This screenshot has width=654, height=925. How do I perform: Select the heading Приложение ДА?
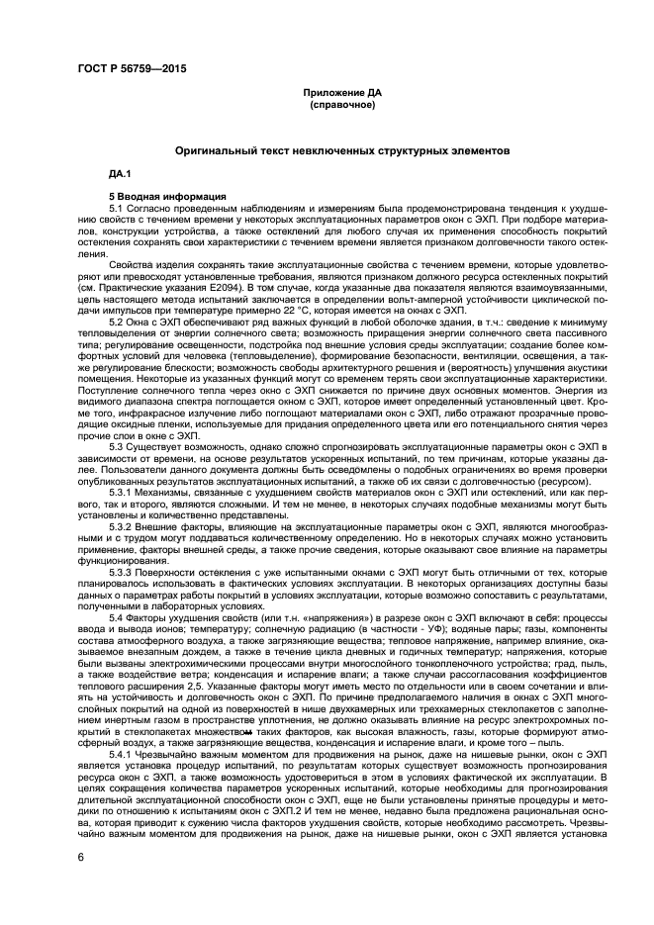click(x=341, y=92)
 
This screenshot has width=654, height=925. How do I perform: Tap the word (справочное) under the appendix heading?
click(x=341, y=103)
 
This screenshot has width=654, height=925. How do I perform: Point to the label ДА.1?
click(x=121, y=174)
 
